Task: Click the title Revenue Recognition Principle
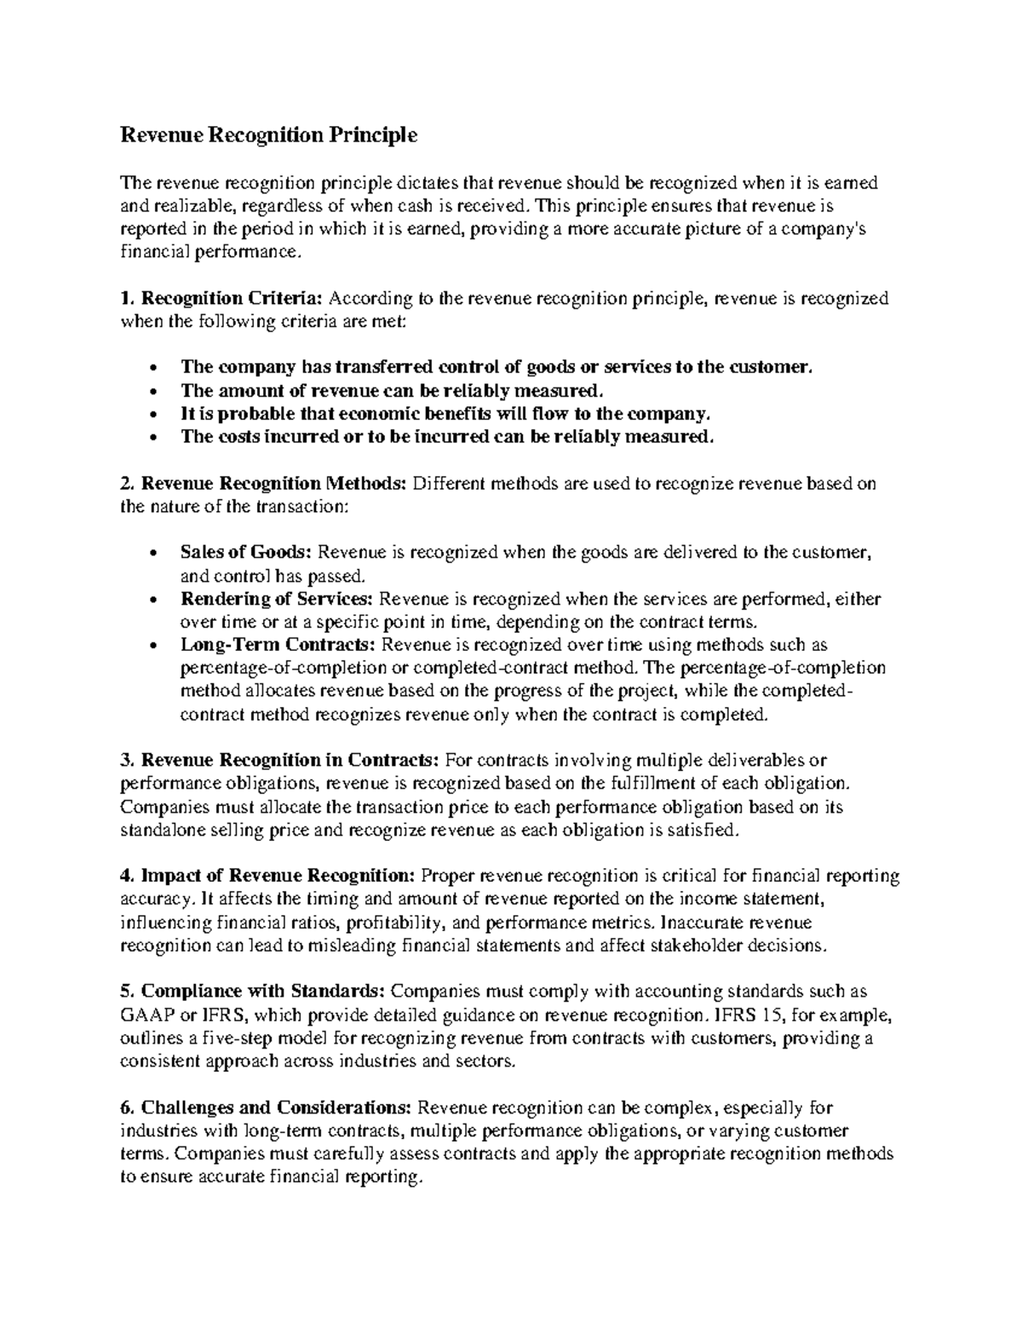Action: click(269, 135)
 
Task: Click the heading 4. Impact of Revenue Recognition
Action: click(268, 876)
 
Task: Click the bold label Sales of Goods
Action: click(247, 552)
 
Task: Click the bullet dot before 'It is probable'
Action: click(152, 416)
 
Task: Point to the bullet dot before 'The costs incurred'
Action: click(152, 439)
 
